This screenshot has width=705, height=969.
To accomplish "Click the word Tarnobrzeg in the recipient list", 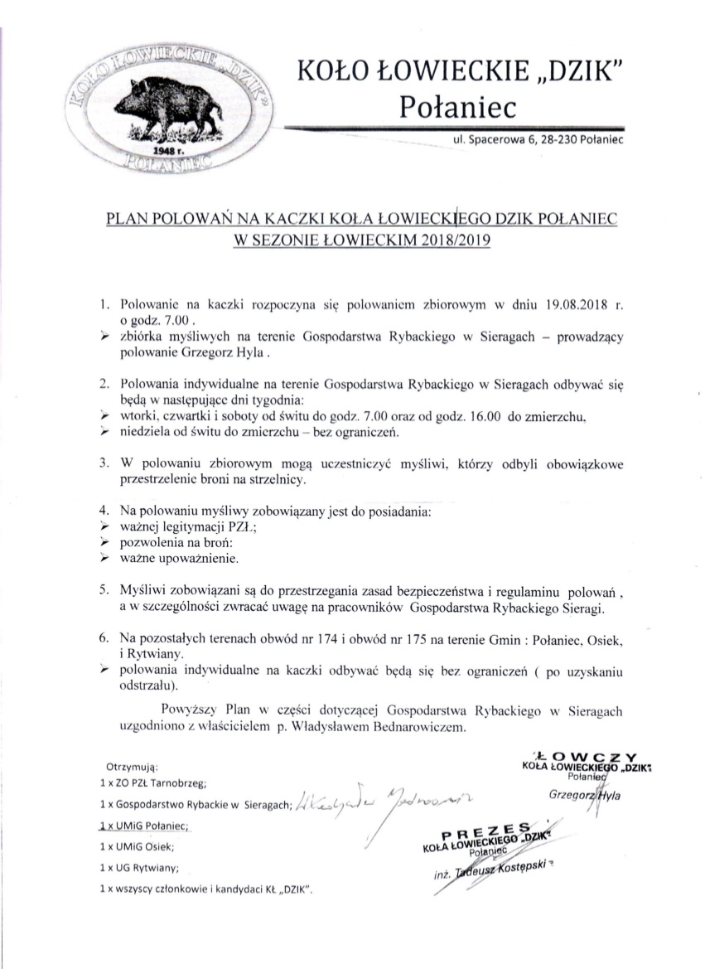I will tap(177, 782).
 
